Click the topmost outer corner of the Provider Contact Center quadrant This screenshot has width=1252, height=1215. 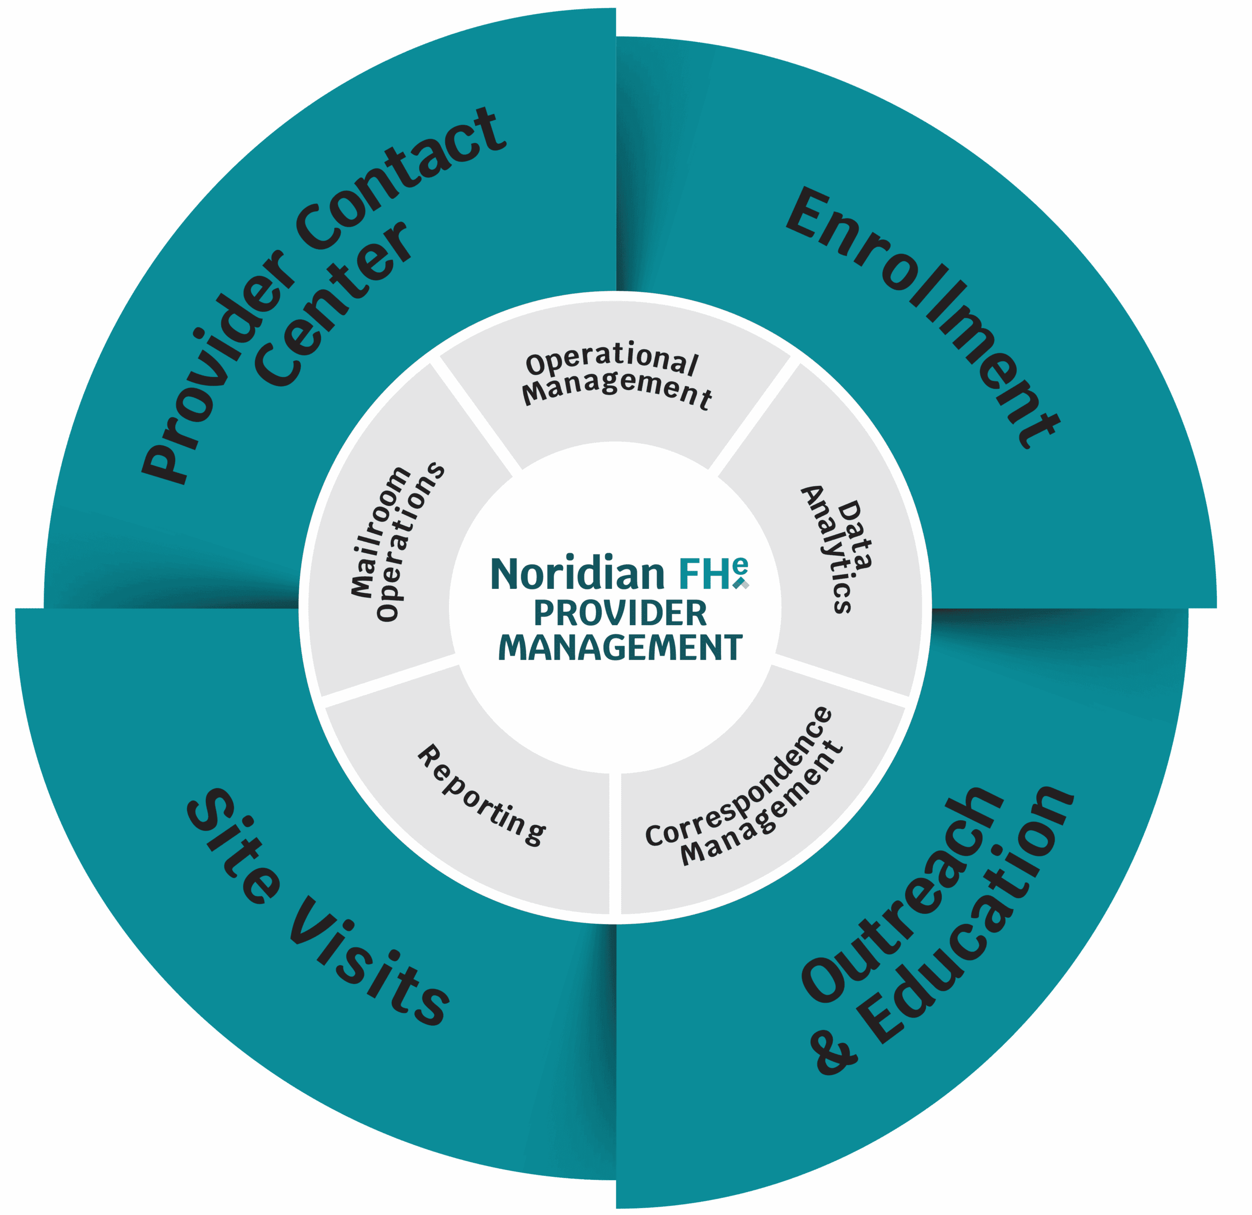tap(615, 9)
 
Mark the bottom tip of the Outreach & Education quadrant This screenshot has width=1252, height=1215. tap(618, 1207)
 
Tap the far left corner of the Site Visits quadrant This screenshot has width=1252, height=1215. tap(17, 610)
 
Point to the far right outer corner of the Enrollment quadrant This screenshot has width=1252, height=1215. tap(1216, 607)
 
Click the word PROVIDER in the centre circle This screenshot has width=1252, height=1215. tap(620, 613)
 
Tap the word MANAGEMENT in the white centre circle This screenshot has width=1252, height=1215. tap(620, 648)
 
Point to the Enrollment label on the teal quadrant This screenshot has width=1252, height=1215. tap(923, 317)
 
